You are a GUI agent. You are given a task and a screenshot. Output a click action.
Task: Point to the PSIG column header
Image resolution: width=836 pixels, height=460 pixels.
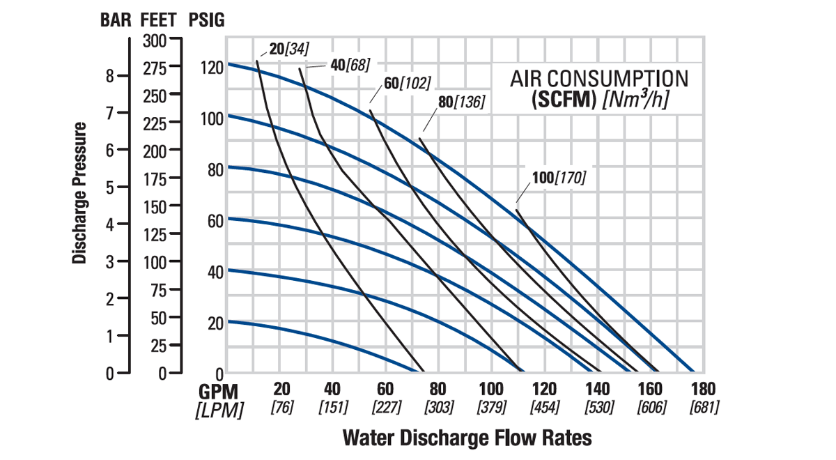[x=206, y=20]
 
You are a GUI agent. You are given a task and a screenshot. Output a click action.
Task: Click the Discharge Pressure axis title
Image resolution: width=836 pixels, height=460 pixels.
[x=80, y=193]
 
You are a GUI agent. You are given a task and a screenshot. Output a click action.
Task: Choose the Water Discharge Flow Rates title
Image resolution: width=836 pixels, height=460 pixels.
[x=467, y=438]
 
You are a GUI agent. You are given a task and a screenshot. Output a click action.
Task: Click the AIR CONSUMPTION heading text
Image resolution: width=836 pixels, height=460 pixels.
[x=599, y=78]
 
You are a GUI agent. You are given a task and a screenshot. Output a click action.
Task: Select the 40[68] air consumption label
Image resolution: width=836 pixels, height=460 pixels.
[x=349, y=65]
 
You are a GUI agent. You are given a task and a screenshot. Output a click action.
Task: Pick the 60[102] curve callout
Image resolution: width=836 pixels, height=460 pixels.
[x=408, y=84]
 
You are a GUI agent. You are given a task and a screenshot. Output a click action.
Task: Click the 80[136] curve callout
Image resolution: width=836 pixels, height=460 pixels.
[x=461, y=102]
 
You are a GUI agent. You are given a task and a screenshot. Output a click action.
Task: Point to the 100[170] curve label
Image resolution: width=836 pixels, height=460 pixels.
[x=559, y=178]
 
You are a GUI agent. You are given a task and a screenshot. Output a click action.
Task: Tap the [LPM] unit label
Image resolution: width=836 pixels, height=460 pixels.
[x=219, y=410]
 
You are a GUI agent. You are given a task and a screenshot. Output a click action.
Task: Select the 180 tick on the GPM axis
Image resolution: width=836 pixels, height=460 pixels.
[x=704, y=389]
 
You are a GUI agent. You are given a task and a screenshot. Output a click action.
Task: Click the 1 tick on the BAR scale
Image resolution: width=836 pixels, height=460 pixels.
[x=109, y=336]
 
